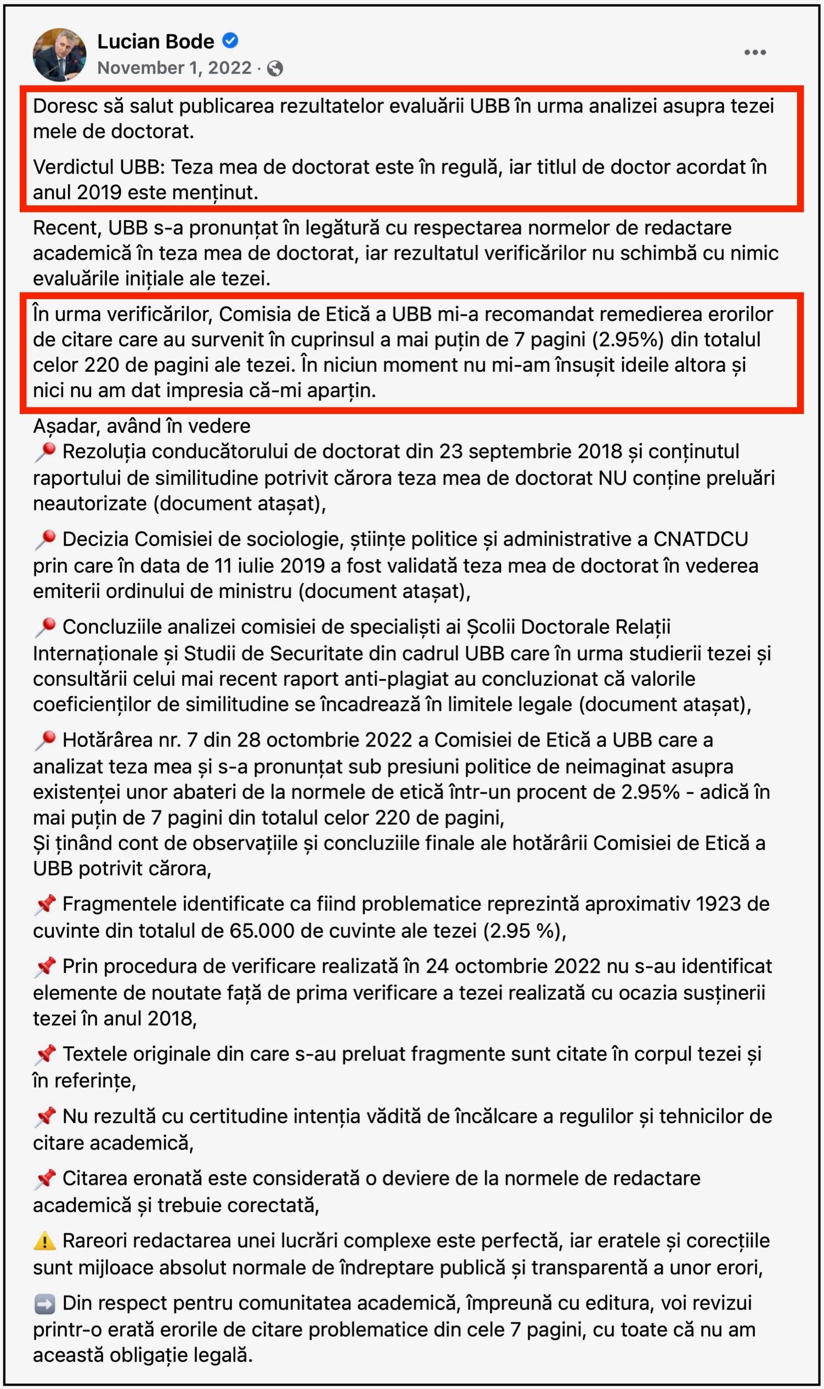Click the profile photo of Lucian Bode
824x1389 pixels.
point(59,54)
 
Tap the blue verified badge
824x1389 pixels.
point(230,41)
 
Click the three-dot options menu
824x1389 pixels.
point(754,52)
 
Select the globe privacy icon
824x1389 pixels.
point(275,68)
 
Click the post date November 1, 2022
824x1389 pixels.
point(174,68)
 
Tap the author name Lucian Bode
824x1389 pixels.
point(155,41)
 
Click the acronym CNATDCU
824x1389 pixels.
point(701,539)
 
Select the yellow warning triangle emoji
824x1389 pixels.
point(44,1240)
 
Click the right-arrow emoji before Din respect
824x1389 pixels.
point(44,1303)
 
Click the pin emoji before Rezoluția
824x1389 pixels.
point(44,452)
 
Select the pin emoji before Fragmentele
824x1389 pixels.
point(44,905)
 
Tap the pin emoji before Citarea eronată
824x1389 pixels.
point(44,1178)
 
